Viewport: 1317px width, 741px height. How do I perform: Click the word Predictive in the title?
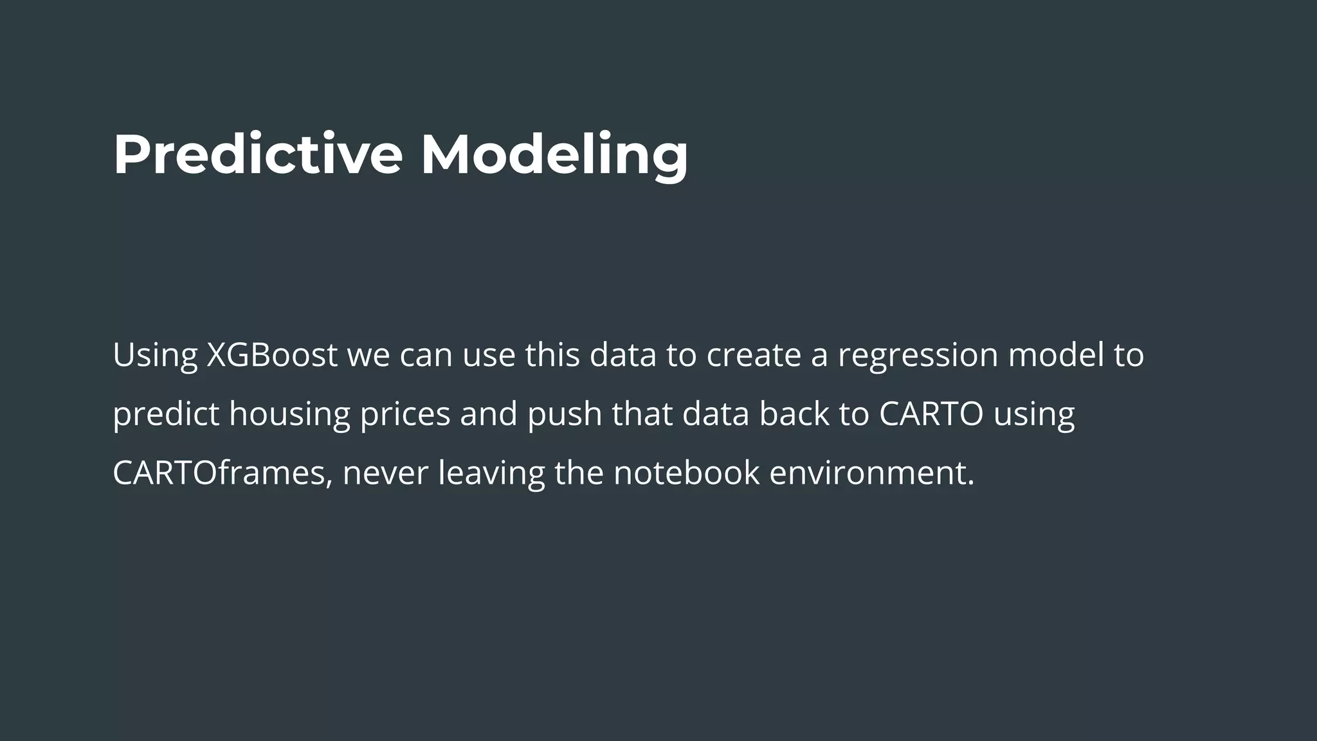click(257, 154)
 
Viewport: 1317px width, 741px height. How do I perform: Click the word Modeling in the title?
click(554, 154)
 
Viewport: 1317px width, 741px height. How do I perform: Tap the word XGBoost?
click(272, 354)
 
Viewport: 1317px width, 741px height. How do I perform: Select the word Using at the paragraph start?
click(155, 354)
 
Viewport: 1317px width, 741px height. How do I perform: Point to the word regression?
click(918, 354)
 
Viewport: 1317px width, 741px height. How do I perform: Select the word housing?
click(289, 414)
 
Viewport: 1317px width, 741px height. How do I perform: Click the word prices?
click(404, 414)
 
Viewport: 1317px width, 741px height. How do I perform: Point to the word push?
click(564, 414)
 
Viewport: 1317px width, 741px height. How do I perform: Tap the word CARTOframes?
click(223, 473)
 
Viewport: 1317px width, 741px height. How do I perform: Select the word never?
click(385, 473)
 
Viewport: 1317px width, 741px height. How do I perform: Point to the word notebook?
click(686, 473)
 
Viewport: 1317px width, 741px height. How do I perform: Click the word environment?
click(871, 473)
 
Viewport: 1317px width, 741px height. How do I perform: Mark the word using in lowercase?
click(1034, 414)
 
